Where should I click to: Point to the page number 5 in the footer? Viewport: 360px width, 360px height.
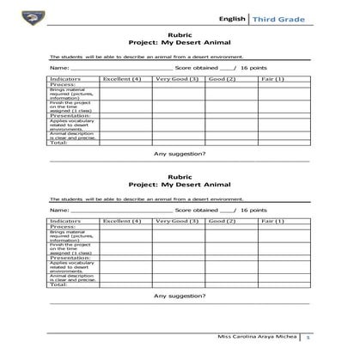[x=308, y=337]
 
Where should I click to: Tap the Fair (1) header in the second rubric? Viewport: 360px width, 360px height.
[x=273, y=221]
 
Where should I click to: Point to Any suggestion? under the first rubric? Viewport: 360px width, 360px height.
[x=180, y=153]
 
